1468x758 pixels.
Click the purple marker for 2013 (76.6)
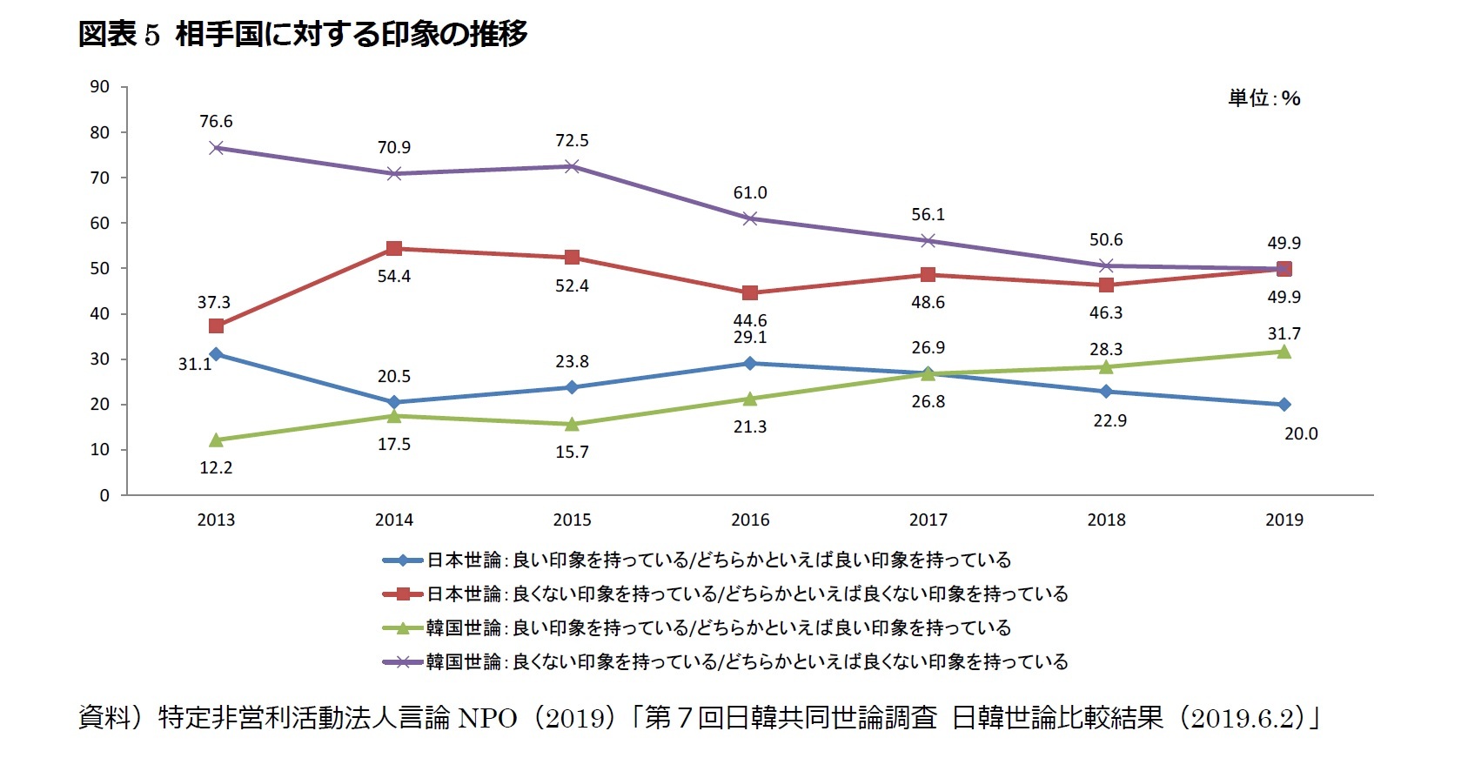[216, 148]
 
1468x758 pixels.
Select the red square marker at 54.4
[394, 249]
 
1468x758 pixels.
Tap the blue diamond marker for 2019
[1284, 405]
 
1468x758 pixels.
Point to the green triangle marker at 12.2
[216, 440]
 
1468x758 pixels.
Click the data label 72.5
[572, 141]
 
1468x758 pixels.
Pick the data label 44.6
[750, 320]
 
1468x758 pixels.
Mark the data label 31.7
[1284, 334]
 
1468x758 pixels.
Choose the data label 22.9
[1109, 421]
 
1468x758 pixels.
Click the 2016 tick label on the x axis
[750, 520]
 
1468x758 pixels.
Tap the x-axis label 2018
[1106, 520]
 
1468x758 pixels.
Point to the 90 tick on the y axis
[100, 87]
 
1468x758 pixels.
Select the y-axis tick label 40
[100, 314]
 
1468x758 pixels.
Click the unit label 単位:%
[1264, 98]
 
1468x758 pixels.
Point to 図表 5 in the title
[119, 35]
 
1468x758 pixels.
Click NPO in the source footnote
[487, 718]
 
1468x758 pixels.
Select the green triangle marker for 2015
[572, 425]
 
